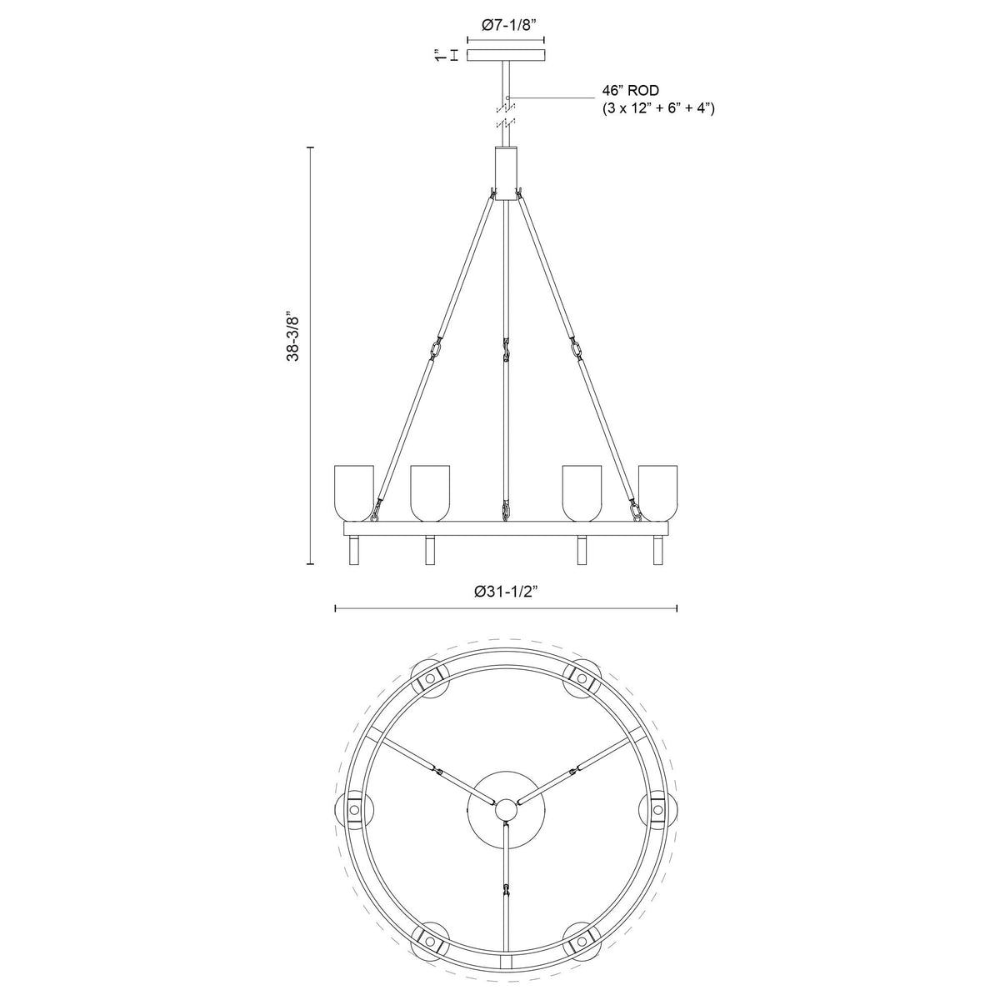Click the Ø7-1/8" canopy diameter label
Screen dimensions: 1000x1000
click(506, 26)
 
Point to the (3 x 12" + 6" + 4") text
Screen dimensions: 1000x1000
click(657, 108)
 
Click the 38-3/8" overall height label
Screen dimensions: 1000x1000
click(292, 337)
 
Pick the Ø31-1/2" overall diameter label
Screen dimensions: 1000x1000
click(506, 591)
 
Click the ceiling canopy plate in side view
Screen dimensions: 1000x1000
click(506, 56)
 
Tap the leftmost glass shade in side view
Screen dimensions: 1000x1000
click(354, 491)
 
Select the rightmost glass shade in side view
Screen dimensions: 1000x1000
click(658, 491)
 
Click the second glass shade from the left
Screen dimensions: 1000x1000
click(430, 491)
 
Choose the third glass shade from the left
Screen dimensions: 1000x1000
click(582, 491)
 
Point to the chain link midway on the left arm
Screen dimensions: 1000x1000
click(435, 346)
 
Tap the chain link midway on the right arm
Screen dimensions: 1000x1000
click(577, 346)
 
